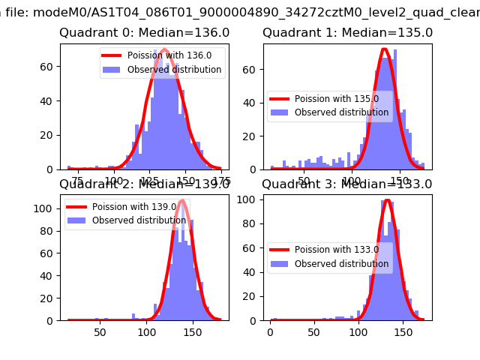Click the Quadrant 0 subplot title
point(144,33)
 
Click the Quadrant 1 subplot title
point(347,33)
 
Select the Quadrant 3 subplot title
point(347,184)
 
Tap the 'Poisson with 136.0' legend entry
point(169,55)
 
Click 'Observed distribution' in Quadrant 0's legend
point(174,70)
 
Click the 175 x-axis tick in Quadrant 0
point(221,181)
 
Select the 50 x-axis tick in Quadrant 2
point(100,331)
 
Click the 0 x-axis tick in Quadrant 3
point(271,331)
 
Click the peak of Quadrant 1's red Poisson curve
point(384,49)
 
